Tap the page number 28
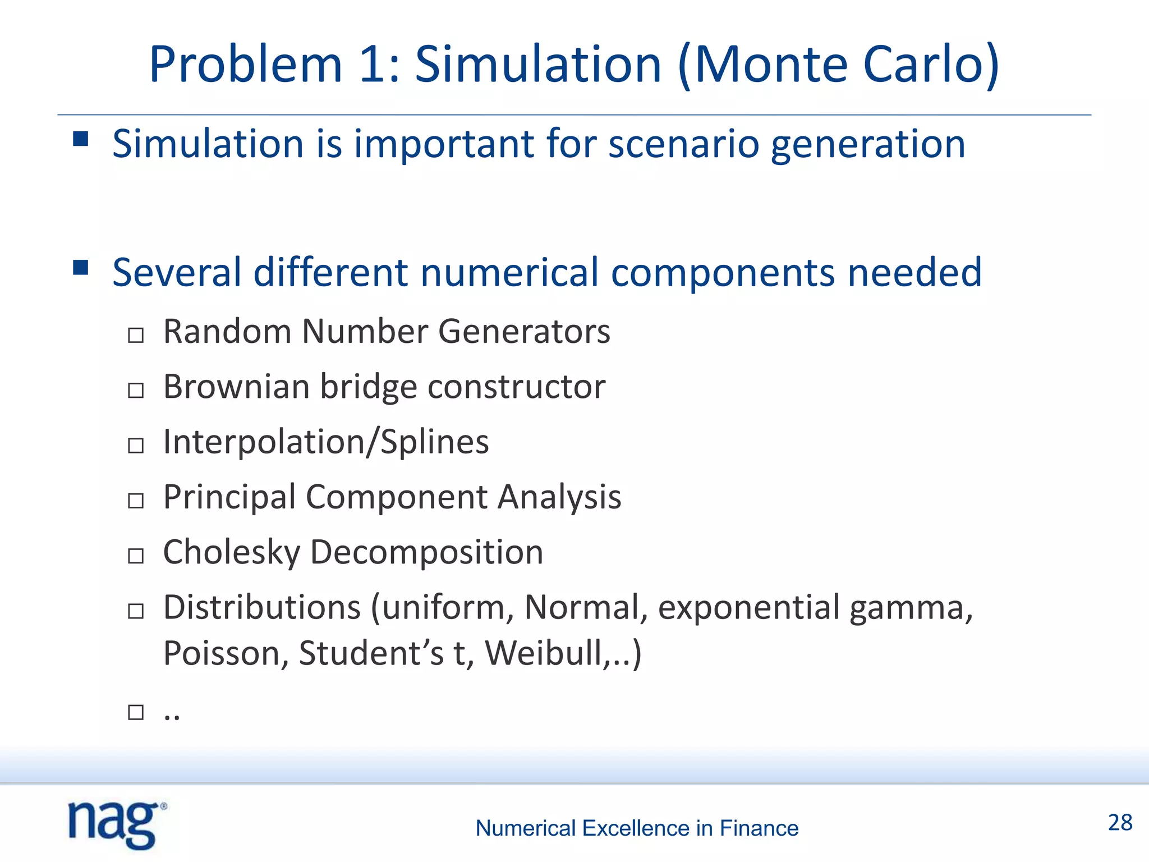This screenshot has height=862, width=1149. coord(1120,823)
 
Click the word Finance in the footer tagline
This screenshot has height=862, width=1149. coord(759,828)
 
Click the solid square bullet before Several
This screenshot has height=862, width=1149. coord(81,267)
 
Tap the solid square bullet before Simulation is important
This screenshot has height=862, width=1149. coord(81,139)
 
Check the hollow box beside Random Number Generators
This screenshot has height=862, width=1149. coord(136,336)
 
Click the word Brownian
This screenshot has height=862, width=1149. coord(236,387)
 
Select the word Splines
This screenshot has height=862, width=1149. coord(435,442)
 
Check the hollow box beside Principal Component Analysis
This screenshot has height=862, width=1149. coord(136,501)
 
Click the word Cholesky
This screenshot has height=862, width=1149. coord(232,552)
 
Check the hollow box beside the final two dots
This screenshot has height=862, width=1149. coord(136,712)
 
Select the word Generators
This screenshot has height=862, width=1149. coord(524,332)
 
